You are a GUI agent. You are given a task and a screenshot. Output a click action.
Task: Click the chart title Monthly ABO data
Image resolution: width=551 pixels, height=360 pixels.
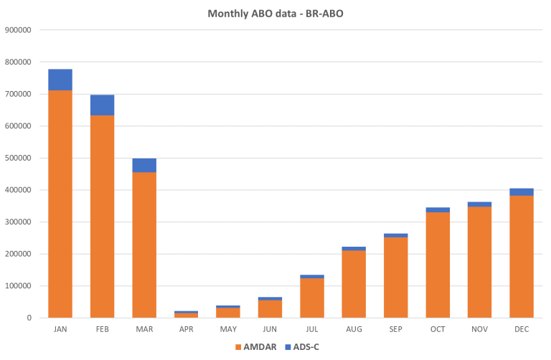click(275, 13)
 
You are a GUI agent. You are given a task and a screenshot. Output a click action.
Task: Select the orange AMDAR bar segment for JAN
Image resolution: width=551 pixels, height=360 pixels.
click(60, 204)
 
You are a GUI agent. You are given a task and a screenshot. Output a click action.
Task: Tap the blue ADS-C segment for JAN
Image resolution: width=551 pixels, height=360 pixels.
click(60, 80)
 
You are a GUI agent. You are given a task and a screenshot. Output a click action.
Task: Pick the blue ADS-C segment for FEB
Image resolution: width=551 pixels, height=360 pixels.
click(102, 105)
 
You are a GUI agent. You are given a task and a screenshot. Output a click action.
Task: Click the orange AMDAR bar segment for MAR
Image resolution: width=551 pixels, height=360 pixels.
click(144, 245)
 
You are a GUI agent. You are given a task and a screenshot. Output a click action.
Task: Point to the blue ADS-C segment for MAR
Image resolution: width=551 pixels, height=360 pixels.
click(144, 166)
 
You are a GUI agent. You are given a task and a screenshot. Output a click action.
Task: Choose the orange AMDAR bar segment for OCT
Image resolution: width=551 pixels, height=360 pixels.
click(438, 265)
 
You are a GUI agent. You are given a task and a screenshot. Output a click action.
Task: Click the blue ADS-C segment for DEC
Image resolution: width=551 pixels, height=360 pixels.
click(522, 191)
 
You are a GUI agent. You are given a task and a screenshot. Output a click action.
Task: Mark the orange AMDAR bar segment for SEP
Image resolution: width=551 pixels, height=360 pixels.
click(395, 278)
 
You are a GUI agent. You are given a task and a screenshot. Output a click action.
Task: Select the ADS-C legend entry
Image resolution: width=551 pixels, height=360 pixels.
click(301, 347)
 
